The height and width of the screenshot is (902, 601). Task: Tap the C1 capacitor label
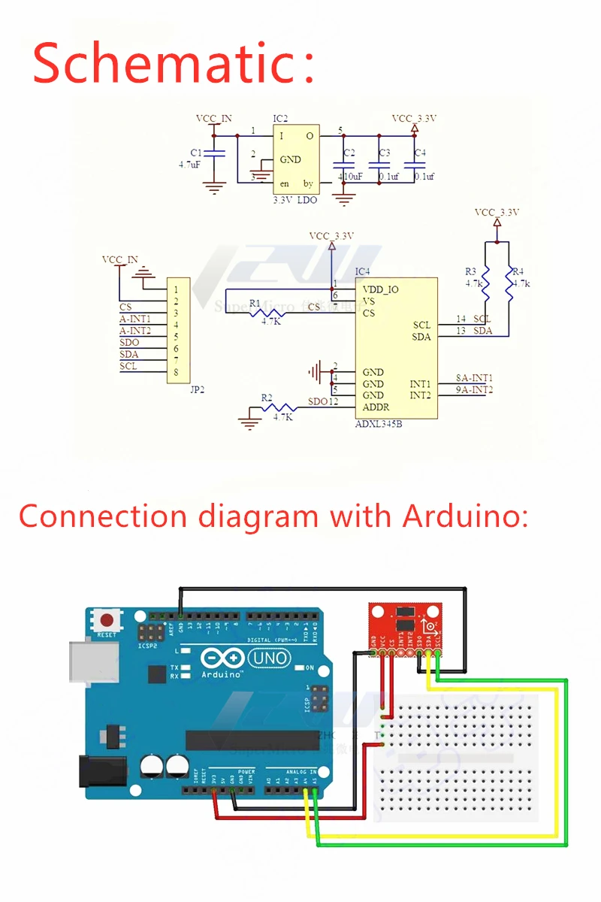coord(196,152)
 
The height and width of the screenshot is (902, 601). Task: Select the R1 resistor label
coord(255,303)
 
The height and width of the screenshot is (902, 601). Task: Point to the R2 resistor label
coord(267,398)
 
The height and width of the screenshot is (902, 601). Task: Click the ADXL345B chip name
coord(379,424)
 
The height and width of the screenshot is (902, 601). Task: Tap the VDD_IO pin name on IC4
coord(380,289)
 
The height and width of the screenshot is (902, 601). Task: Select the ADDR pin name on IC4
coord(376,407)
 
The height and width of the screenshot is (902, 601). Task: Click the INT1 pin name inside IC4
coord(420,384)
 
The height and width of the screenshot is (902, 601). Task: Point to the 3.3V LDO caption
coord(294,201)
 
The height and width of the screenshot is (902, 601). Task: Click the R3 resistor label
coord(471,271)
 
